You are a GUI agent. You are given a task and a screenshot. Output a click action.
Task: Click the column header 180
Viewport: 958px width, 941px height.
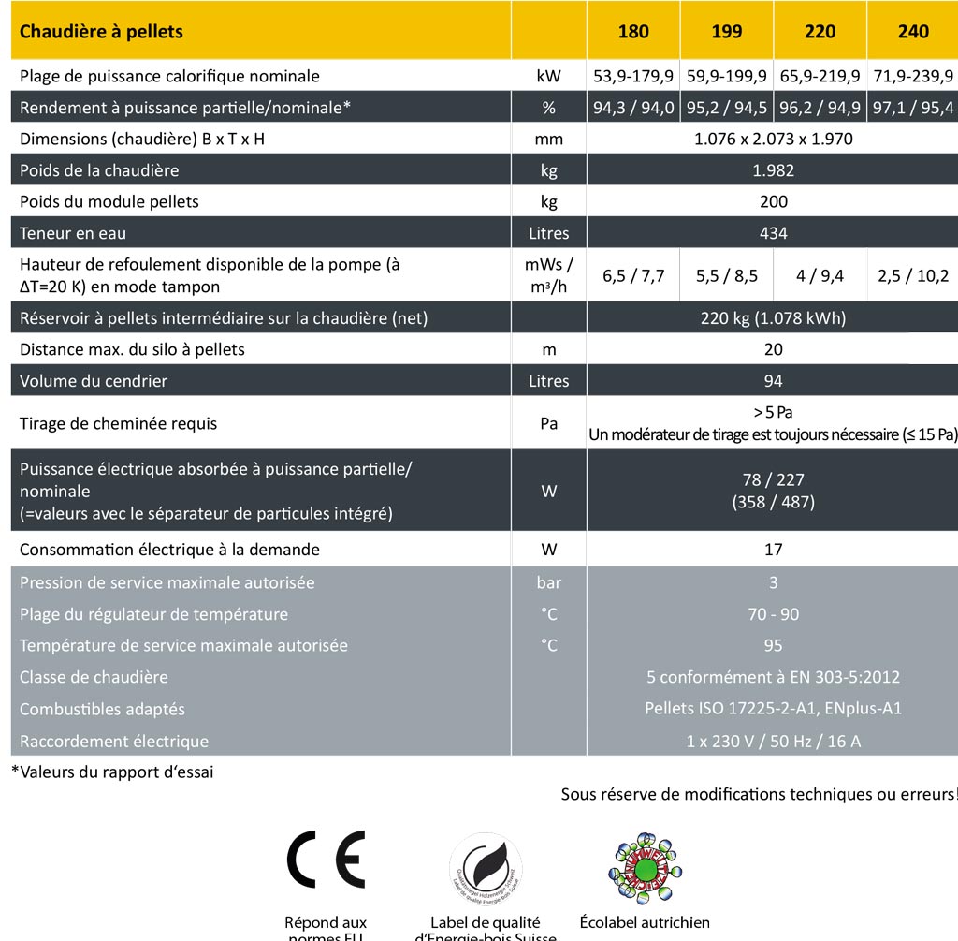click(633, 32)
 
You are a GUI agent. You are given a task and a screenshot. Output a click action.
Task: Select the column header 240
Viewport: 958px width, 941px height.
click(913, 32)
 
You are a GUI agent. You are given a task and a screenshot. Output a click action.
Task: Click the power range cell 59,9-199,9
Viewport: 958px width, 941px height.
click(727, 76)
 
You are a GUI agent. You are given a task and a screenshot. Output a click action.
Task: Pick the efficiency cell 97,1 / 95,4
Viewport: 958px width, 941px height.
click(913, 108)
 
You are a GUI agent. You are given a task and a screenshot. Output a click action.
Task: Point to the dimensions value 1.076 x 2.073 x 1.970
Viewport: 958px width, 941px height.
click(773, 140)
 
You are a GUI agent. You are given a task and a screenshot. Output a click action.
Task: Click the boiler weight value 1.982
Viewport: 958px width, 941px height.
click(773, 170)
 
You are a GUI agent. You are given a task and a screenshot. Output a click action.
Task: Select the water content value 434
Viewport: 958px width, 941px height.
click(773, 233)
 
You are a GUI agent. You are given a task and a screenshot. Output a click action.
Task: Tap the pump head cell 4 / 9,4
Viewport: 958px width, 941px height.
click(820, 275)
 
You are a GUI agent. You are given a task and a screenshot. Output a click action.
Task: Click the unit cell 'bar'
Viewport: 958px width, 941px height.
click(549, 582)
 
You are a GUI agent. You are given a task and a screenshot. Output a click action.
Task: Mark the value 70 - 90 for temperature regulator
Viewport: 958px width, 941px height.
click(773, 614)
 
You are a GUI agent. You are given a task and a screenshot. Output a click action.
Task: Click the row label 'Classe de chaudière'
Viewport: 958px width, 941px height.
click(94, 677)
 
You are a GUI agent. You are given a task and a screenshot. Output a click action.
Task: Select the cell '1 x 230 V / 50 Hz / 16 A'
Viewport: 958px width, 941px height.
click(773, 741)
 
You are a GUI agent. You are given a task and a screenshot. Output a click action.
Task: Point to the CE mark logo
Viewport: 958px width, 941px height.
click(326, 860)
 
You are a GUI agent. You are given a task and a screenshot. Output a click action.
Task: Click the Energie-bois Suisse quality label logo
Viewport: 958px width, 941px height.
click(486, 868)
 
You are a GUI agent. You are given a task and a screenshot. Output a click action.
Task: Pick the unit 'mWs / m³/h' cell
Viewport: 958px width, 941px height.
click(549, 275)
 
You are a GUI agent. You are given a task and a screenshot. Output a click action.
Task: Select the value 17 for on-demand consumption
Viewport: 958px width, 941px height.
click(773, 550)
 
